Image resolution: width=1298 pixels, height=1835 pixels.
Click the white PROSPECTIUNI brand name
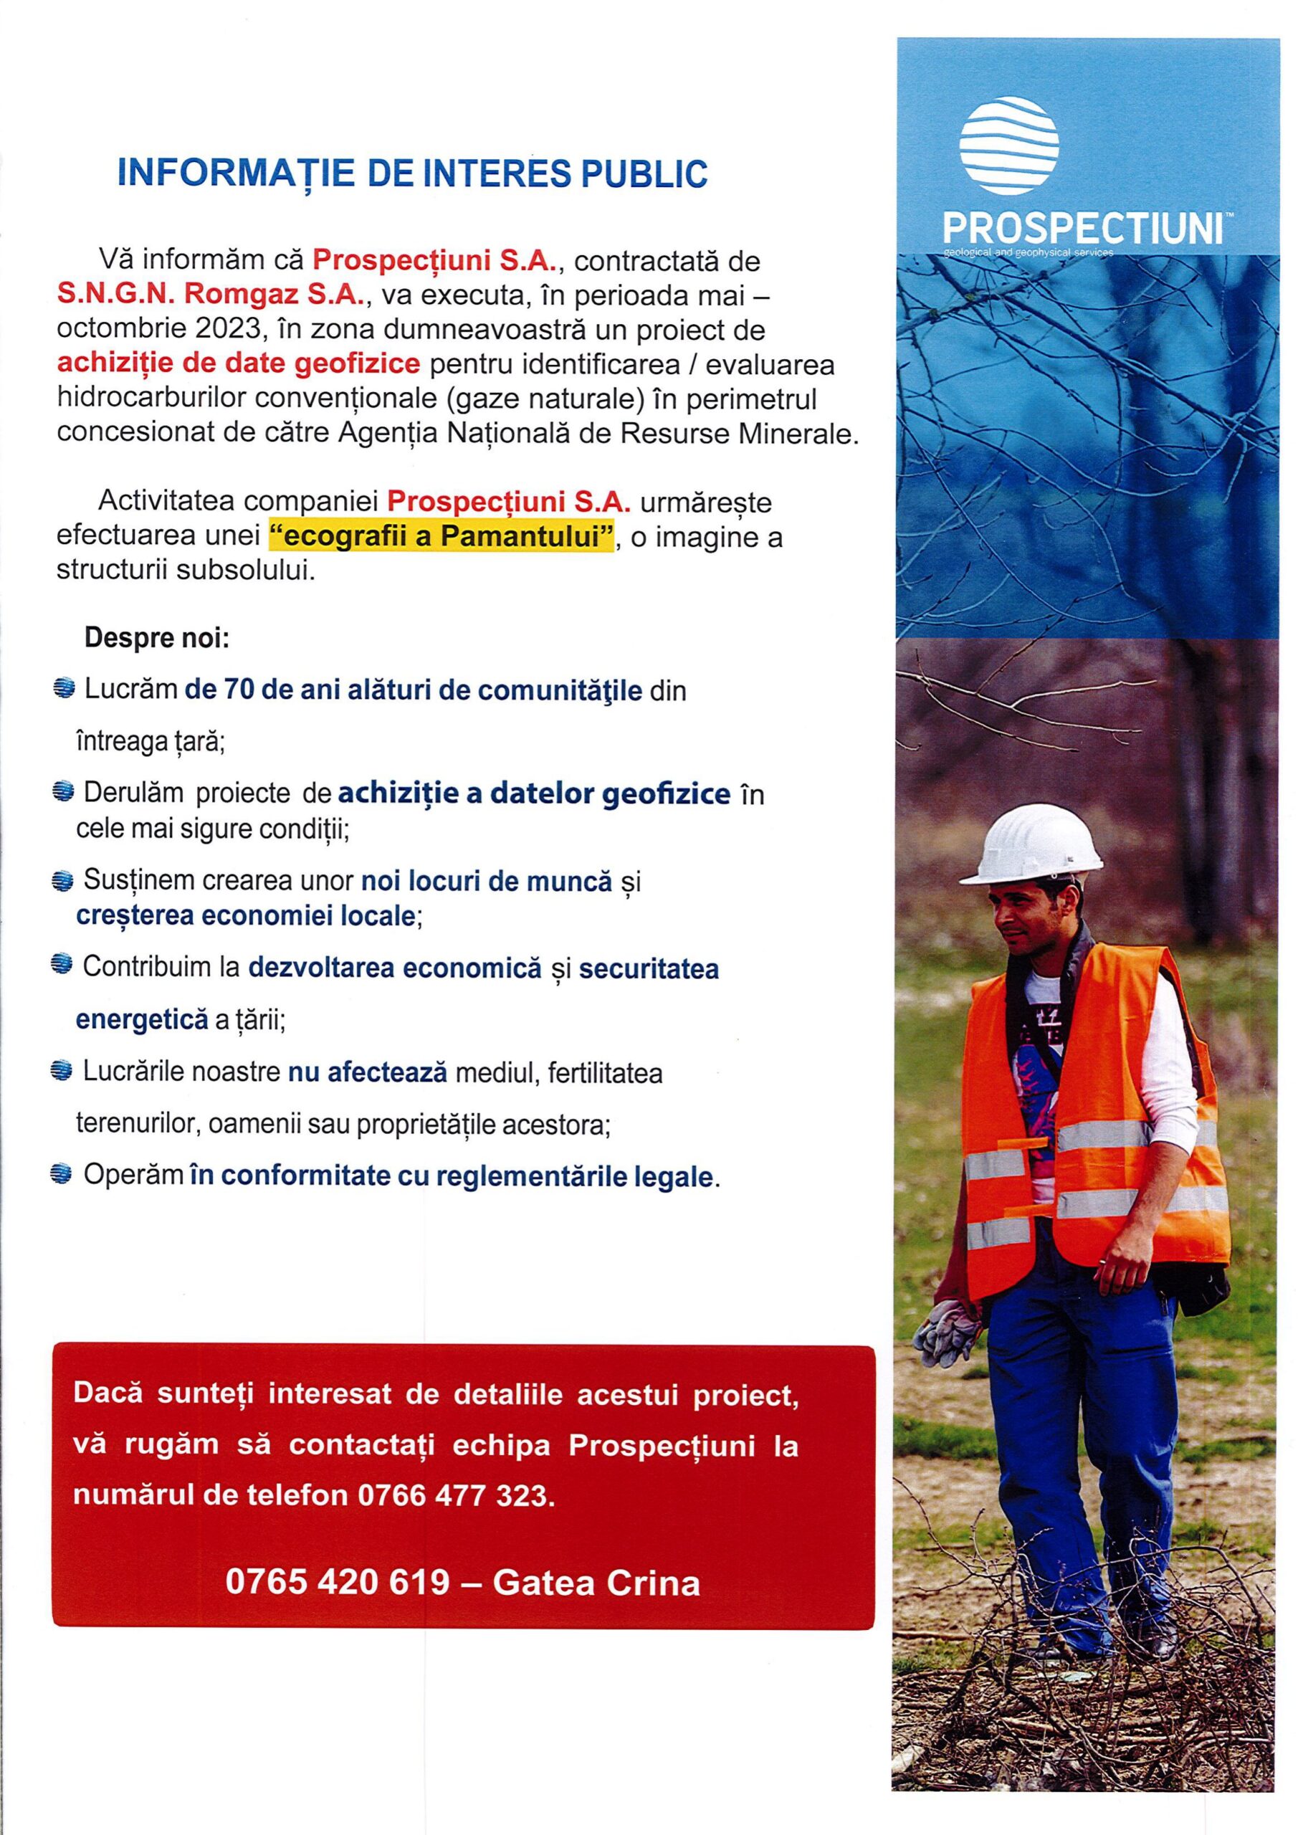1084,230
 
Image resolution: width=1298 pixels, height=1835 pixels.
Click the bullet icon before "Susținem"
62,882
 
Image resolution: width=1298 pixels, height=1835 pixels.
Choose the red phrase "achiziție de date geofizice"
238,363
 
